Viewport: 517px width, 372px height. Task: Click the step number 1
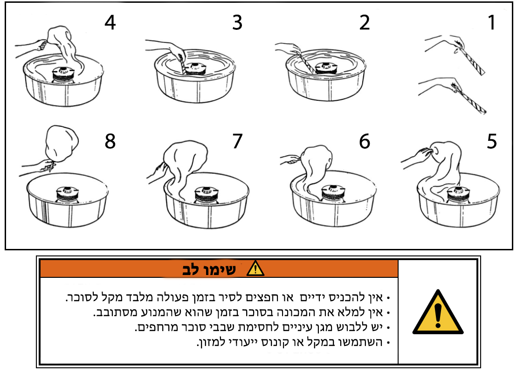pos(492,22)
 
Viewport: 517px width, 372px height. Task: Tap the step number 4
pos(110,22)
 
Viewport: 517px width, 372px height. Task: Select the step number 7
pos(237,141)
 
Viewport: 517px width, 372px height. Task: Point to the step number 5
pos(492,141)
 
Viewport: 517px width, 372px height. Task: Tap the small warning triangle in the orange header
pos(255,268)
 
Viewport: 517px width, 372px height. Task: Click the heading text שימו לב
pos(209,269)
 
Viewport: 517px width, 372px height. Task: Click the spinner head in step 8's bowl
pos(67,194)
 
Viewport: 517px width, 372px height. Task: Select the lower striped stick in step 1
pos(469,99)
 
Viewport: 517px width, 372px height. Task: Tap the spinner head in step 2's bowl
pos(326,68)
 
